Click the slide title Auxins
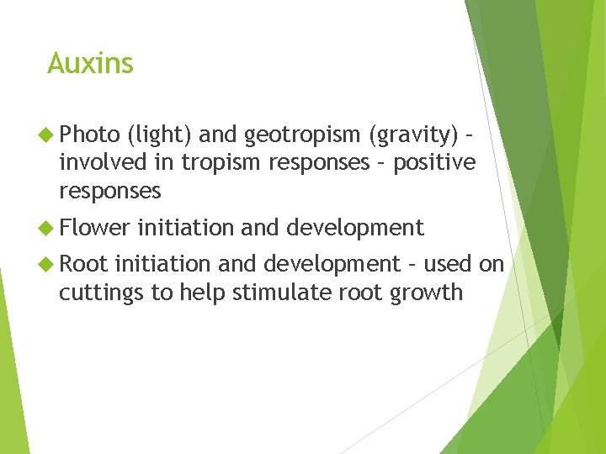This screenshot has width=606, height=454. click(x=90, y=63)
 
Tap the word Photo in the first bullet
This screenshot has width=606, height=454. click(x=89, y=133)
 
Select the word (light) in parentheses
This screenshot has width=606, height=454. click(x=159, y=134)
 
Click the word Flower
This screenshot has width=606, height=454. click(x=94, y=227)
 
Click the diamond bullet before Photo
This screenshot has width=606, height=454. click(x=47, y=134)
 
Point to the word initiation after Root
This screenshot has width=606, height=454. click(x=163, y=264)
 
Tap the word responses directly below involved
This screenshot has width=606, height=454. click(x=109, y=191)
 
